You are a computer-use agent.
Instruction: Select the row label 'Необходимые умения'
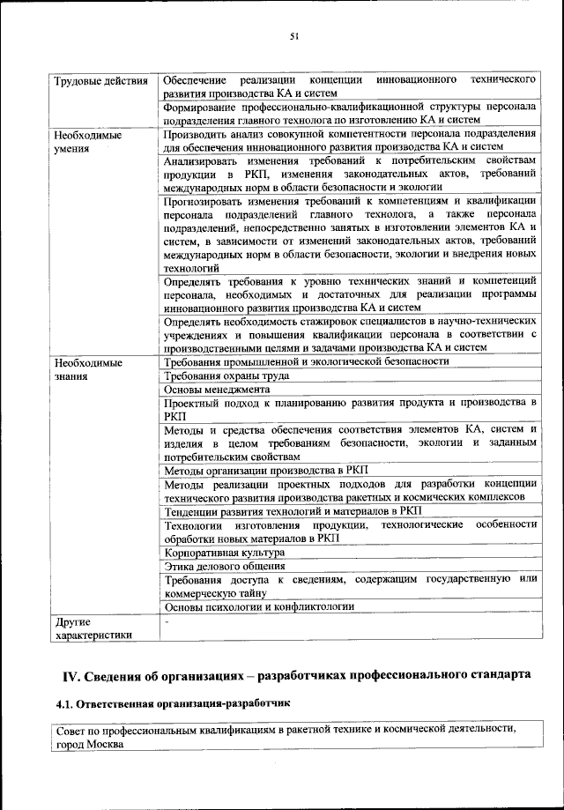pyautogui.click(x=87, y=143)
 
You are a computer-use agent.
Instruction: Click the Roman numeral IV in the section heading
pyautogui.click(x=70, y=676)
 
